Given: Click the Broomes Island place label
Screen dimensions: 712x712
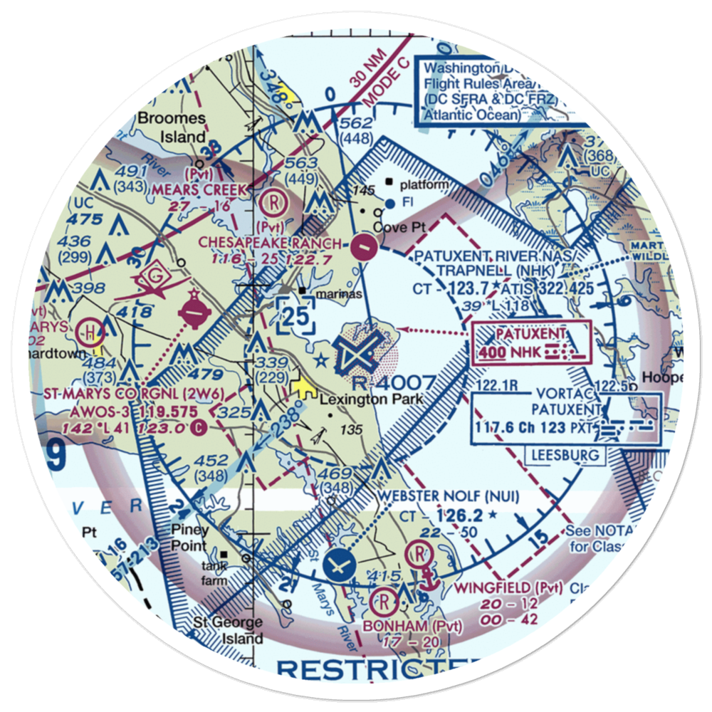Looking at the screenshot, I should click(173, 127).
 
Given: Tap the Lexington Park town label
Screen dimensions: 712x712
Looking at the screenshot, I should click(371, 399).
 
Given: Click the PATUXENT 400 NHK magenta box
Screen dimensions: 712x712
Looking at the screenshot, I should click(531, 342).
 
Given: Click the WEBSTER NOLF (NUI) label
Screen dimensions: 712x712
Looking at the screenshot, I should click(449, 496).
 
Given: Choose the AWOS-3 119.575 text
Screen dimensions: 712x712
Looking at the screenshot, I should click(141, 412).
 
